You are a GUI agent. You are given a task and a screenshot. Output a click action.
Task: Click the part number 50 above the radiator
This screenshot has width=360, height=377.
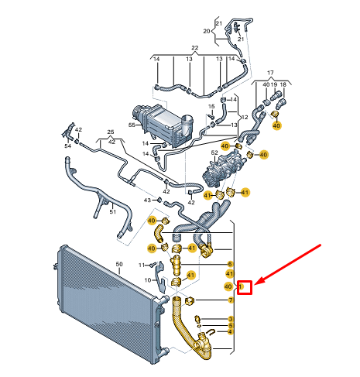pos(119,264)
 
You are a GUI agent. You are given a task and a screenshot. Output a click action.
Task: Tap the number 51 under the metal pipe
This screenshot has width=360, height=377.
pos(113,212)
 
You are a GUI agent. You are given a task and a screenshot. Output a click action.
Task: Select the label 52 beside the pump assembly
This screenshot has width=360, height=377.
pos(214,153)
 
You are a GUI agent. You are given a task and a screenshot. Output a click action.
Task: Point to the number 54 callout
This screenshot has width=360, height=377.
pos(67,146)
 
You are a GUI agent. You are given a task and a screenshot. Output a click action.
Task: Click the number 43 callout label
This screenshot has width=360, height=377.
pos(147,200)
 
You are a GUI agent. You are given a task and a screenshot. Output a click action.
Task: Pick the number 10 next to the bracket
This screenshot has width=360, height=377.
pos(147,280)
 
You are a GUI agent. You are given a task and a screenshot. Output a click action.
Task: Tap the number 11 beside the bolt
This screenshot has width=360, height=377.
pos(142,265)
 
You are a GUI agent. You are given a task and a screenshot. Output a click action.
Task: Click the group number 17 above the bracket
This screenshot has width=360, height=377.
pos(270,73)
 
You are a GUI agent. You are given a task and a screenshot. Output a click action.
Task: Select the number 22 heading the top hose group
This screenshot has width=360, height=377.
pos(195,48)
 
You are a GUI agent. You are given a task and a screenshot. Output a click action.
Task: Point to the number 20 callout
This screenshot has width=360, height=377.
pos(207,31)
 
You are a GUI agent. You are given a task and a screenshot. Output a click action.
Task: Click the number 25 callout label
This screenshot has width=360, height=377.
pos(111,132)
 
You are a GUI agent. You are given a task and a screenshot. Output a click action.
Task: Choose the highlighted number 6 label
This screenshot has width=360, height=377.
pos(230,264)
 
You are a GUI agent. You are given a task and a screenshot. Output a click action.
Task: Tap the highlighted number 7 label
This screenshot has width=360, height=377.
pos(231,300)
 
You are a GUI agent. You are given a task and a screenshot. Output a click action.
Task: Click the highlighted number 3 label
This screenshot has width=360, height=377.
pos(231,320)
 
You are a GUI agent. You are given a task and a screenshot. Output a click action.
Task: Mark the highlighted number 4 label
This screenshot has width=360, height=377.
pos(230,332)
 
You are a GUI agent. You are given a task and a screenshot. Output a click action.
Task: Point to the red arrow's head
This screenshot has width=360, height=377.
pos(255,284)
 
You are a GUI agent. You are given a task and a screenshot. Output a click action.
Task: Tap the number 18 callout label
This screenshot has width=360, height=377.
pos(283,84)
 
